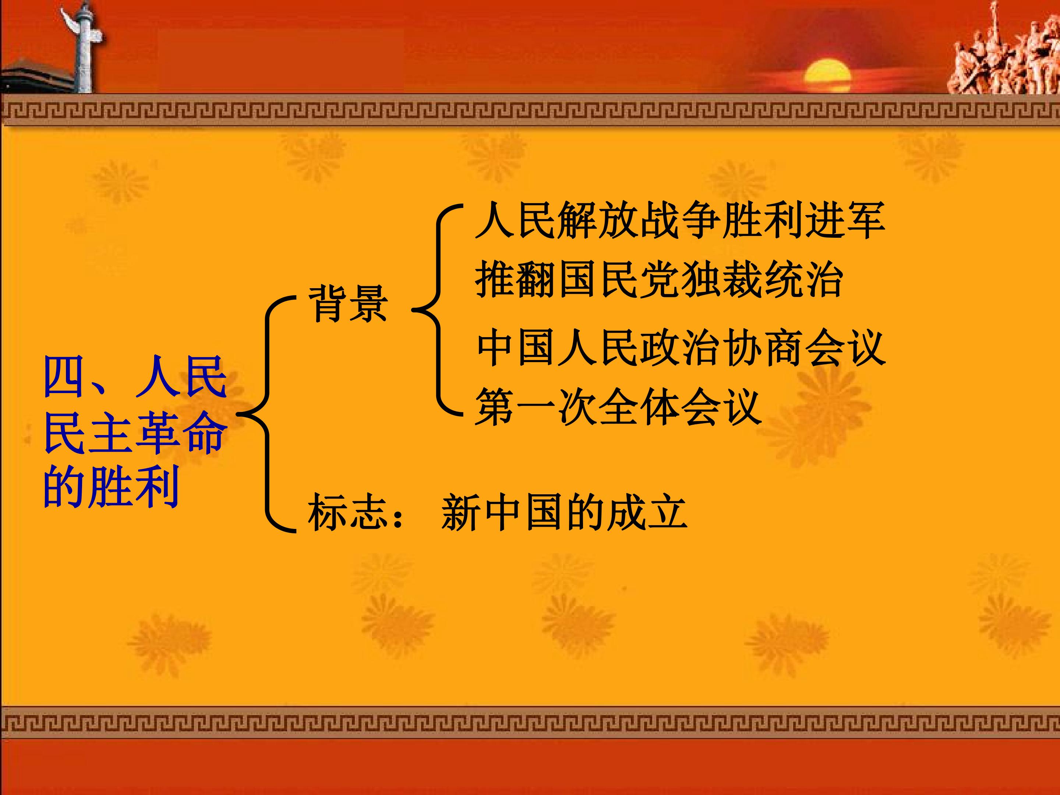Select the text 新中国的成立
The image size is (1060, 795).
point(564,512)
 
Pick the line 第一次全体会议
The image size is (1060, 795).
point(618,407)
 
